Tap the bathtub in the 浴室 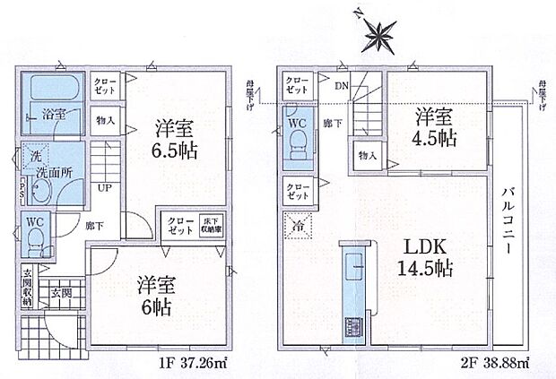(54, 90)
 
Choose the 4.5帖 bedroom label (431, 126)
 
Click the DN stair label (342, 86)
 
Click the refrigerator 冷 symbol (296, 225)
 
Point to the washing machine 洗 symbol (35, 159)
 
